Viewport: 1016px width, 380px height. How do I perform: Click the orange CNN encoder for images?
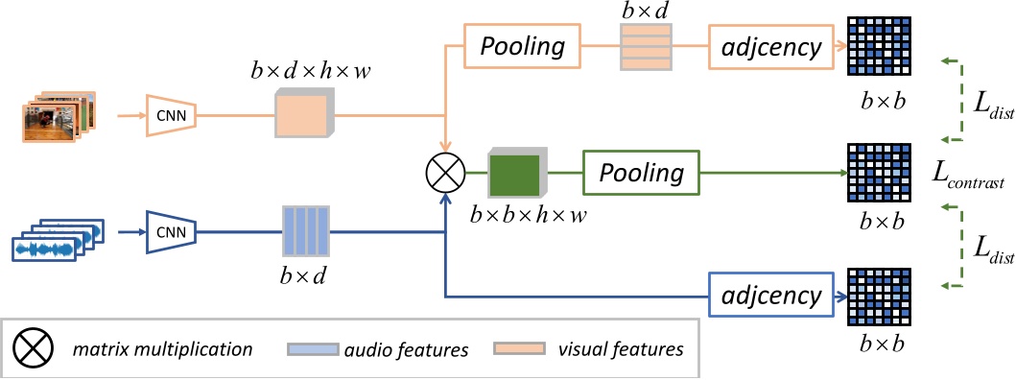click(171, 116)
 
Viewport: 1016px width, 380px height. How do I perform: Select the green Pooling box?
click(641, 174)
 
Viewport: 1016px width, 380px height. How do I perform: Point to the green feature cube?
click(516, 175)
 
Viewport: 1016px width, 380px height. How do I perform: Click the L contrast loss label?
click(968, 179)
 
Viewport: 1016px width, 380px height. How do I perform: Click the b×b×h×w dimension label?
click(528, 216)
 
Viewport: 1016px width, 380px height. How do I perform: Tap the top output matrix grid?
click(879, 45)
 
